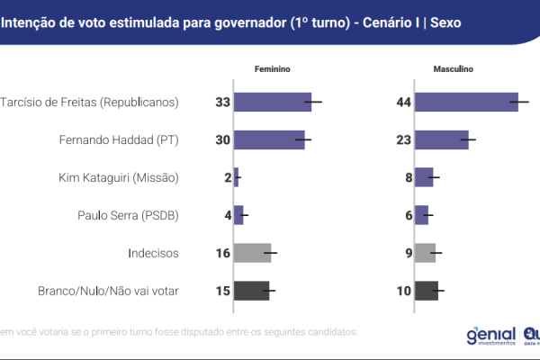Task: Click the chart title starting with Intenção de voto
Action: click(x=230, y=21)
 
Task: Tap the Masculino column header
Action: click(x=454, y=69)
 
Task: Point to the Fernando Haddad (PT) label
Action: click(x=117, y=139)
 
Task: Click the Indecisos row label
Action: click(x=154, y=253)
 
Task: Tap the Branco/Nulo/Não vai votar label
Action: click(x=108, y=291)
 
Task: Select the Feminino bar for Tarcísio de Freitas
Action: click(x=272, y=102)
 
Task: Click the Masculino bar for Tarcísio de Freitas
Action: click(x=466, y=102)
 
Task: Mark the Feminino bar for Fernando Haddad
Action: click(x=269, y=139)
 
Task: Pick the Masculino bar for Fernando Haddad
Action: click(x=442, y=139)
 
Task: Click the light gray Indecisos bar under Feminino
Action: click(x=252, y=253)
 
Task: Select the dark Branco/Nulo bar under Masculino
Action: click(x=427, y=291)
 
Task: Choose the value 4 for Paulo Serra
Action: click(x=228, y=215)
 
